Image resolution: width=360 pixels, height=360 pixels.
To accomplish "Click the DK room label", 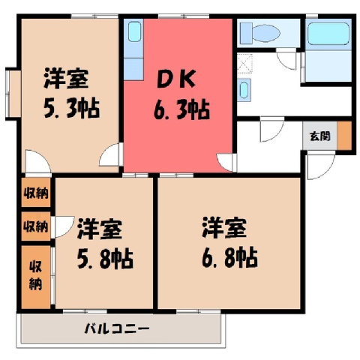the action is click(176, 79).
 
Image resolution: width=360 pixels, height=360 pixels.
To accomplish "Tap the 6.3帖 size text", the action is click(181, 109).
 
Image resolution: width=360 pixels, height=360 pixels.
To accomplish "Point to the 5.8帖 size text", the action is click(105, 259).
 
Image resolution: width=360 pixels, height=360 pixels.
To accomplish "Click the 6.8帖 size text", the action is click(230, 258).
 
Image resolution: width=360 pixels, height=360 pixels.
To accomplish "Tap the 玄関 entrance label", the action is click(320, 136).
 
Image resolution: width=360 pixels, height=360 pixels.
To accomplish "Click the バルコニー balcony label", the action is click(117, 328).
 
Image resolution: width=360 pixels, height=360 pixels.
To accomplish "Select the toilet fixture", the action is click(260, 33).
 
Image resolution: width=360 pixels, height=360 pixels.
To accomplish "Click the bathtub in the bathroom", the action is click(328, 34).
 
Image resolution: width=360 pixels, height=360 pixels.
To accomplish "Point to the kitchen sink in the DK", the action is click(135, 31).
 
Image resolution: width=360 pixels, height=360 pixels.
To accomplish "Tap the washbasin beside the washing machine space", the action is click(244, 90).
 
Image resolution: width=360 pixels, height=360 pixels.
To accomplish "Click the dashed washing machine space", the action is click(245, 63).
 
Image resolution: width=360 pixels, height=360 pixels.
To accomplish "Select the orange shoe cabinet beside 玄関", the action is click(344, 136).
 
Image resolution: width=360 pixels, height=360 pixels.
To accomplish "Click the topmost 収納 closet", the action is click(36, 192).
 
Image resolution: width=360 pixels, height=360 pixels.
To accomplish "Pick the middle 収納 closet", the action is click(36, 226).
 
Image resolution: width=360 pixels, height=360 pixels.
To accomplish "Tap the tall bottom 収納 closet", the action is click(36, 277).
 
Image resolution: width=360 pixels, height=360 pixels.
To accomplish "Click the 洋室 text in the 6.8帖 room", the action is click(224, 228).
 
